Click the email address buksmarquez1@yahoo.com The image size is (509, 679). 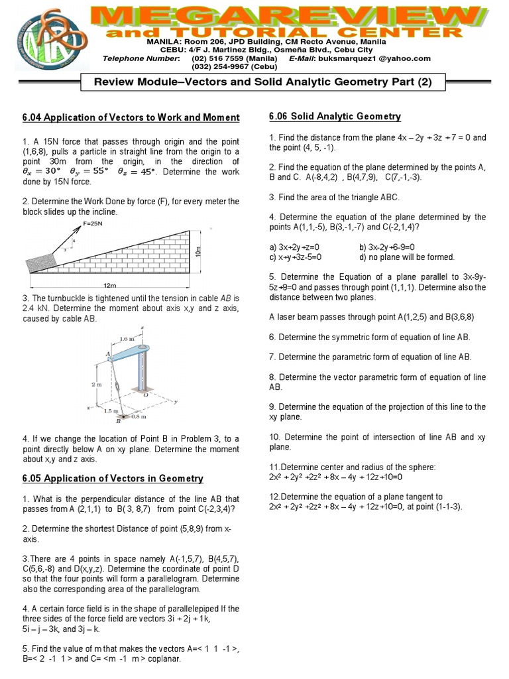(x=377, y=58)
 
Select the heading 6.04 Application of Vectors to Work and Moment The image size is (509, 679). (x=131, y=117)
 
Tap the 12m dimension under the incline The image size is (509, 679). (x=110, y=284)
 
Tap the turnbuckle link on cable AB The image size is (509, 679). (x=115, y=386)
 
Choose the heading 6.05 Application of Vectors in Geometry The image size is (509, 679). (x=113, y=478)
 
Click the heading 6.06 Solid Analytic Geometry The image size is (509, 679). (x=335, y=117)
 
